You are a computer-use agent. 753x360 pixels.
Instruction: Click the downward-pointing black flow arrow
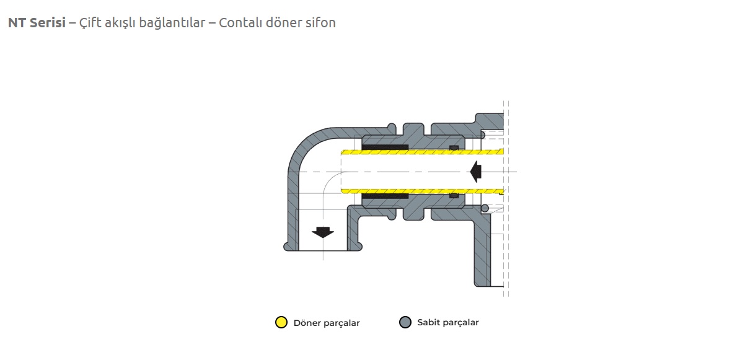pyautogui.click(x=322, y=232)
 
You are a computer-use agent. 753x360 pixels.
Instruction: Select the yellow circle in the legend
pyautogui.click(x=281, y=322)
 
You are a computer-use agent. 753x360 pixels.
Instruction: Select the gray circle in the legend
pyautogui.click(x=405, y=322)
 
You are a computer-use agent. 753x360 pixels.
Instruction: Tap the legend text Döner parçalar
pyautogui.click(x=327, y=323)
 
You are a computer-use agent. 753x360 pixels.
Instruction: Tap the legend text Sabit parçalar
pyautogui.click(x=448, y=322)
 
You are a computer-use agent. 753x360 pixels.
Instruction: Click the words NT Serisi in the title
pyautogui.click(x=37, y=23)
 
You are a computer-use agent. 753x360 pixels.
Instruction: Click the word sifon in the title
pyautogui.click(x=319, y=23)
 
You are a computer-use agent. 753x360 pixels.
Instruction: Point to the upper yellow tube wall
pyautogui.click(x=421, y=152)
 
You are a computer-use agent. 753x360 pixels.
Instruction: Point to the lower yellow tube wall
pyautogui.click(x=421, y=190)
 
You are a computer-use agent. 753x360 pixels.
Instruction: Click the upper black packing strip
pyautogui.click(x=385, y=147)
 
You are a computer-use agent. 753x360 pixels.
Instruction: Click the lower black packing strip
pyautogui.click(x=385, y=196)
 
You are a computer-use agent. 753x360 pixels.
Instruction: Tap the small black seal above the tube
pyautogui.click(x=454, y=147)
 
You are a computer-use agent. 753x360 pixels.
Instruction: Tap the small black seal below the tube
pyautogui.click(x=454, y=195)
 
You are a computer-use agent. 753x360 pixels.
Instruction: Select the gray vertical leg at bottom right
pyautogui.click(x=482, y=254)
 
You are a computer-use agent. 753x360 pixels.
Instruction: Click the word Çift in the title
pyautogui.click(x=89, y=23)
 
